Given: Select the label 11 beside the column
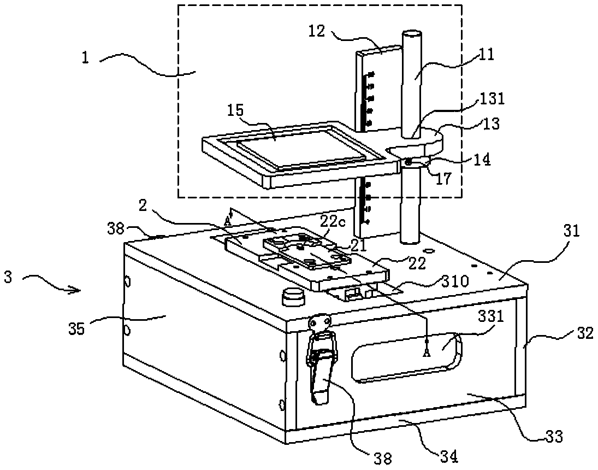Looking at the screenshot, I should point(485,54).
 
